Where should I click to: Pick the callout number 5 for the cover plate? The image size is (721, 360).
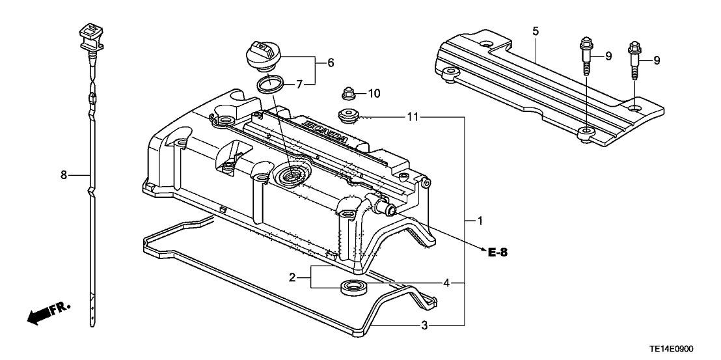(535, 31)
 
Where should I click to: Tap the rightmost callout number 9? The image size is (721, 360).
(657, 61)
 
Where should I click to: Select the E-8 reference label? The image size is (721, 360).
(497, 252)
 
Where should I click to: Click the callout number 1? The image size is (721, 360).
(480, 221)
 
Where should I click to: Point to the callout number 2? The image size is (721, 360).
(292, 277)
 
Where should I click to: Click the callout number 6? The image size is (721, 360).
(331, 62)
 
